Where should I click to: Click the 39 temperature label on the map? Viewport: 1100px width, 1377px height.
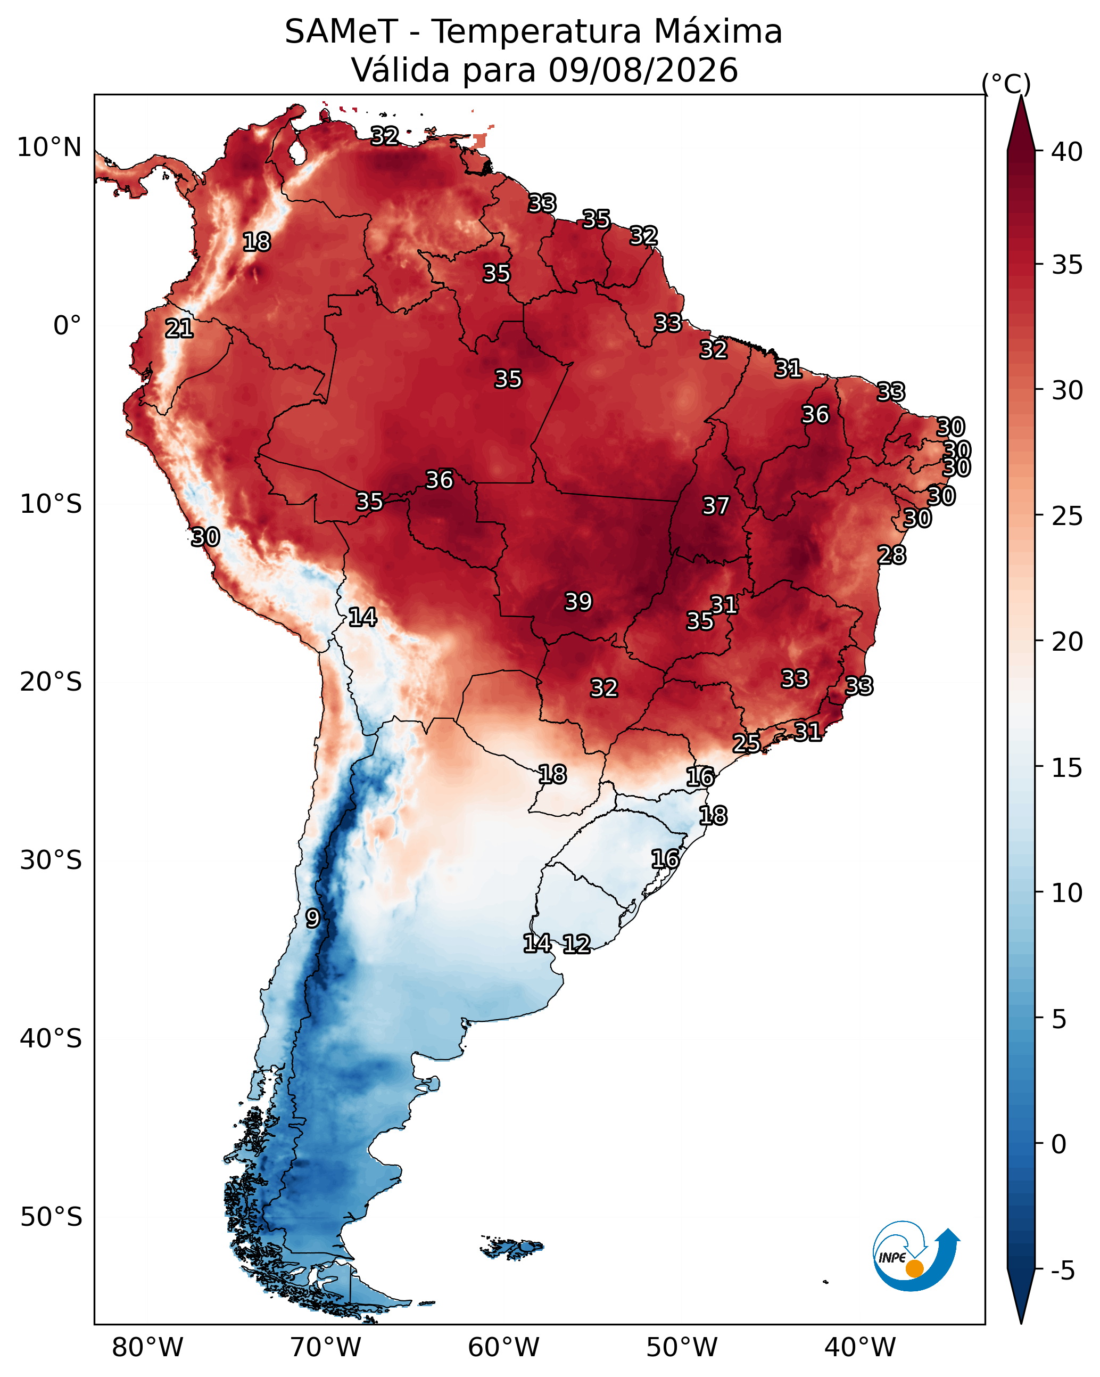click(x=578, y=602)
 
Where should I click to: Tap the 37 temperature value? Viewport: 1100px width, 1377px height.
click(x=716, y=506)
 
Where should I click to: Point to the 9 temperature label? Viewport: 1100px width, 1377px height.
click(x=312, y=919)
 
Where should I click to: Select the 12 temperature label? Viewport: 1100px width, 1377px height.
click(x=576, y=944)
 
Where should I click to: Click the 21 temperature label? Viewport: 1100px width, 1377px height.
click(x=179, y=329)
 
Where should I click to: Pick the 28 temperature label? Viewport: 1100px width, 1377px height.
click(x=892, y=555)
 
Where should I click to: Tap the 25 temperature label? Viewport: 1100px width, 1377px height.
click(x=746, y=743)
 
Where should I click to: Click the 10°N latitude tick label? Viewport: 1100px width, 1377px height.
click(x=49, y=147)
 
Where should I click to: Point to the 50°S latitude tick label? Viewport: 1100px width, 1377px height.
click(x=51, y=1217)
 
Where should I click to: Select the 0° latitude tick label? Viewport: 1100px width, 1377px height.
click(x=68, y=326)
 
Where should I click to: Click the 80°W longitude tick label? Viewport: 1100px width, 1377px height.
click(x=147, y=1348)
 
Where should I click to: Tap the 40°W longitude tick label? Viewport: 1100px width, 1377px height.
click(x=860, y=1348)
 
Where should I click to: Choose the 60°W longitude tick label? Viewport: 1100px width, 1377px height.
click(x=504, y=1348)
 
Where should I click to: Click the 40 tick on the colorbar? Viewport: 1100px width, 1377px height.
click(x=1067, y=152)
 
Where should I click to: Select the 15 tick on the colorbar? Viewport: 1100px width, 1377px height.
click(x=1067, y=768)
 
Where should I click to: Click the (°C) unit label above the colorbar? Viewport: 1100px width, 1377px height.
click(x=1006, y=84)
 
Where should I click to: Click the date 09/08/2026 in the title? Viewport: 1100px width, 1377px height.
click(x=643, y=70)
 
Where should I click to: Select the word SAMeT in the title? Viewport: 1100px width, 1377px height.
click(x=341, y=32)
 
